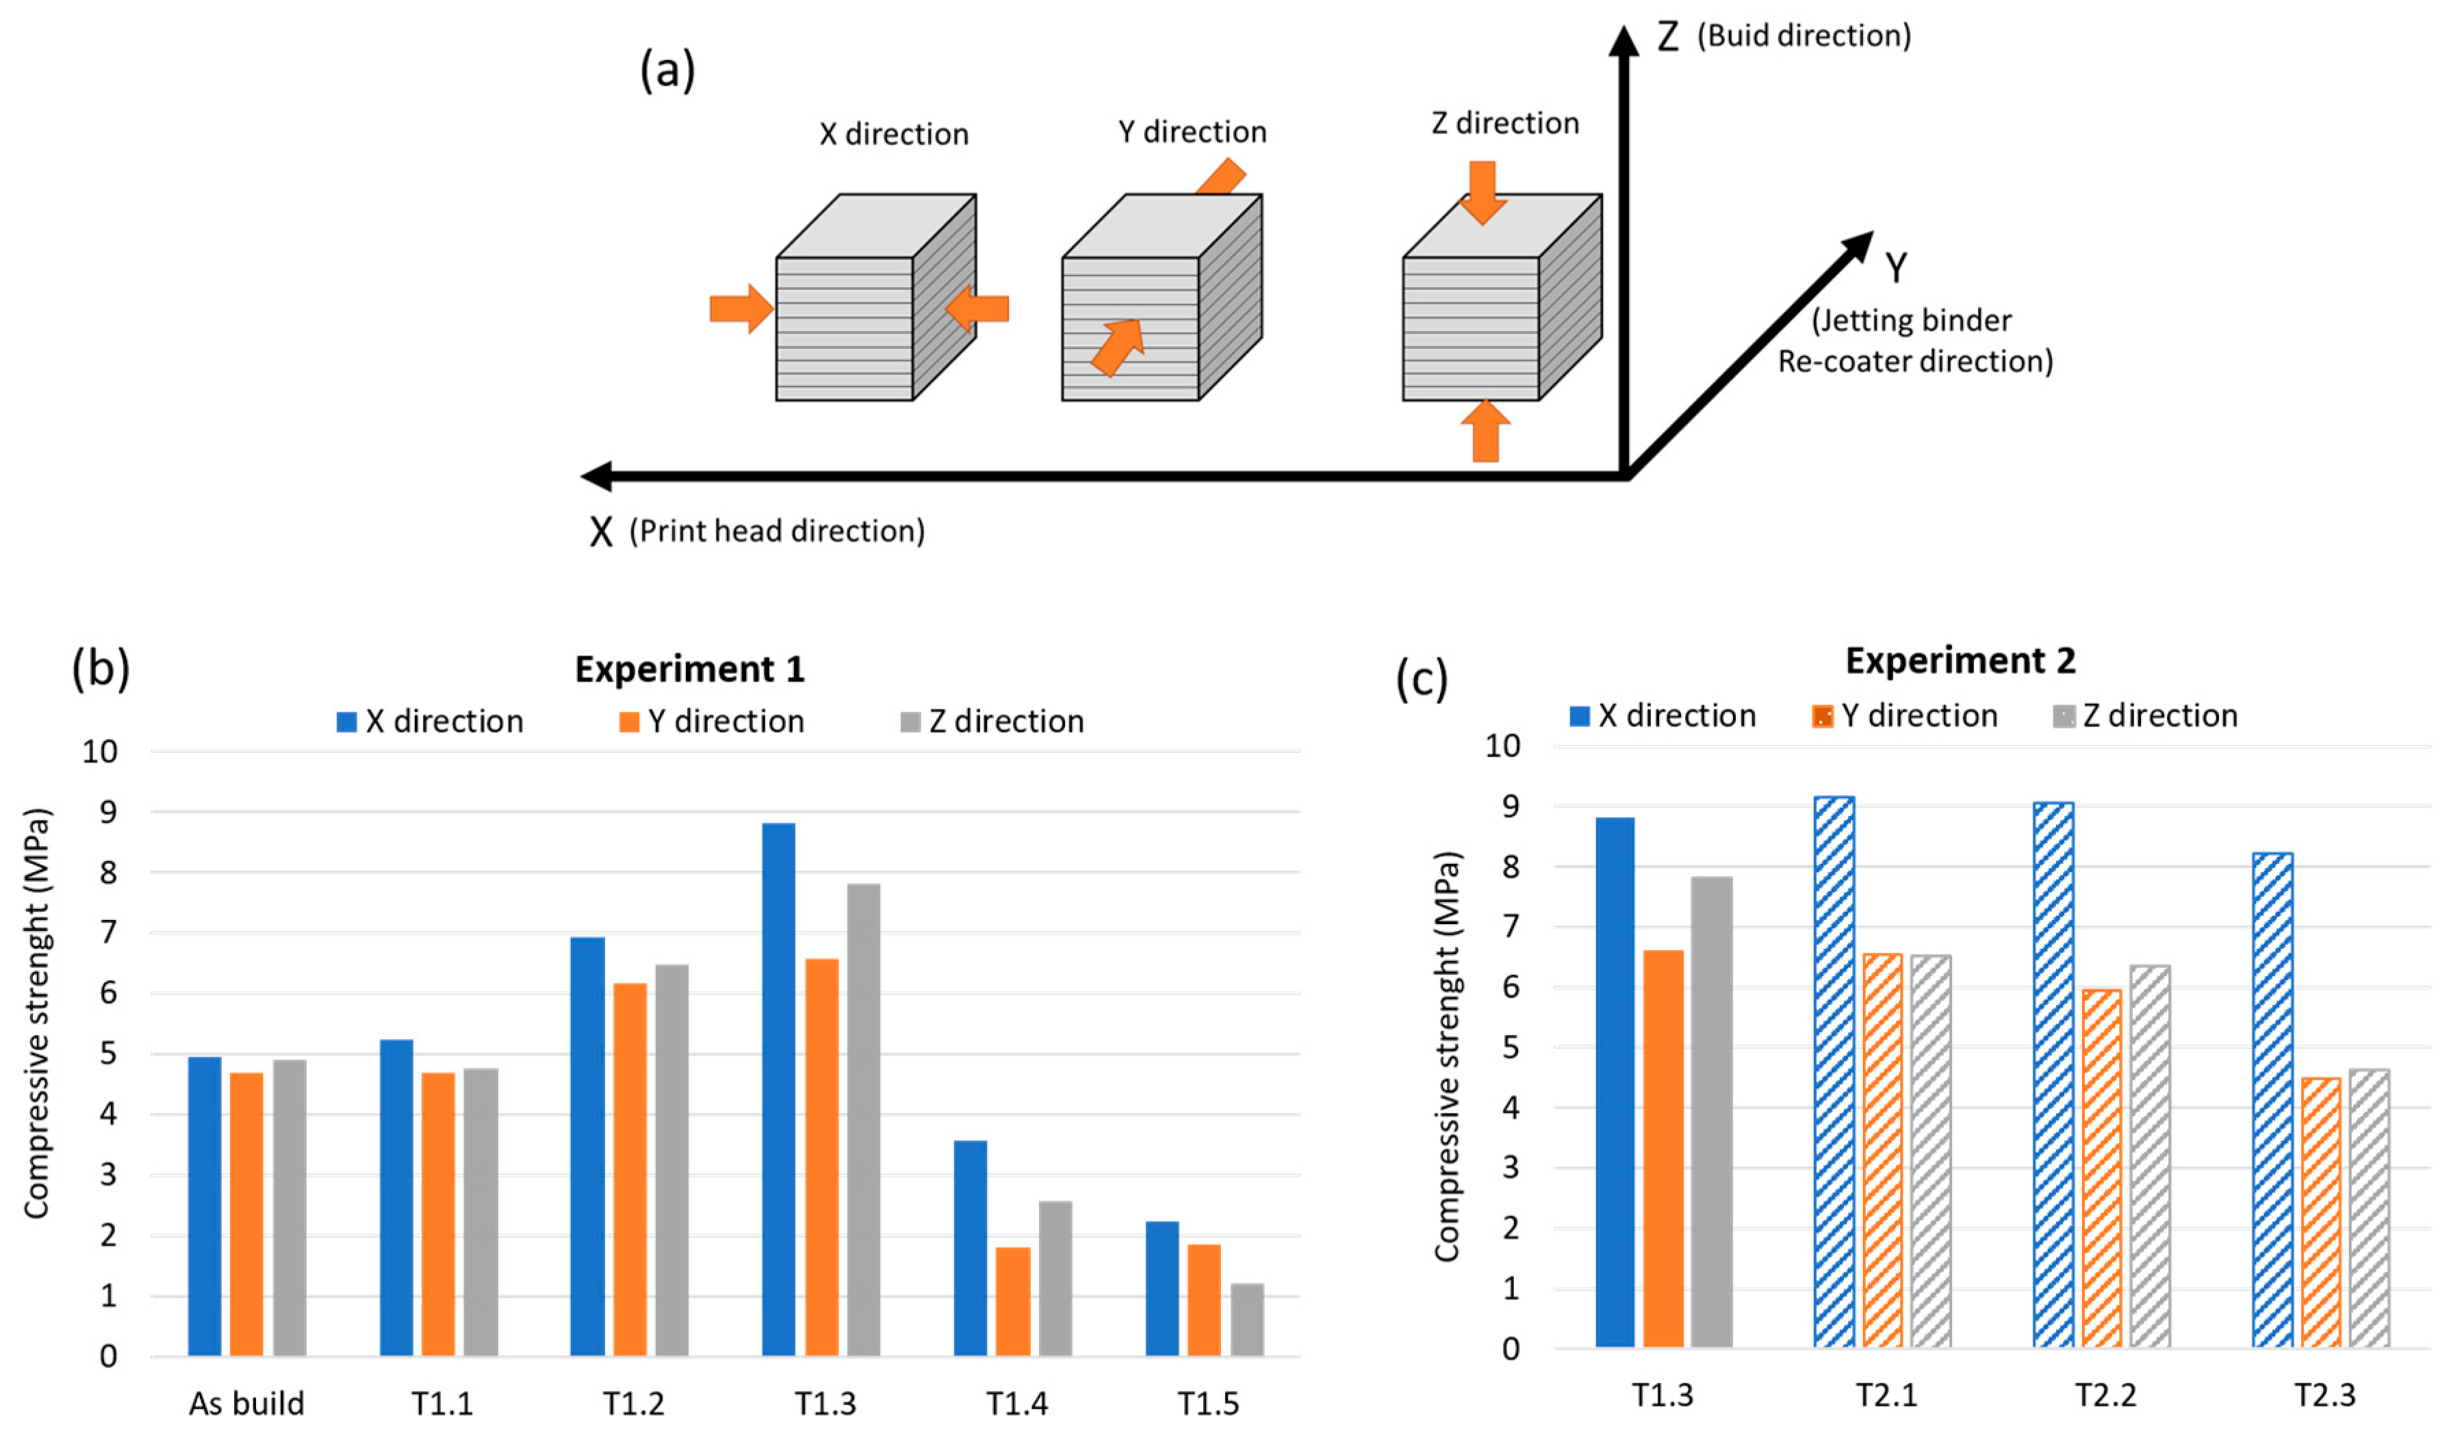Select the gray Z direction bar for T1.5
click(1246, 1319)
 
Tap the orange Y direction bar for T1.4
click(1012, 1300)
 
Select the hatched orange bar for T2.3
click(2320, 1212)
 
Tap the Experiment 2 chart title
click(1960, 661)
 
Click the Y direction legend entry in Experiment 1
click(712, 722)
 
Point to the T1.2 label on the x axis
click(634, 1404)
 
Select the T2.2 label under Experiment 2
click(2105, 1395)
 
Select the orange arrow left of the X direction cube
click(740, 309)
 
